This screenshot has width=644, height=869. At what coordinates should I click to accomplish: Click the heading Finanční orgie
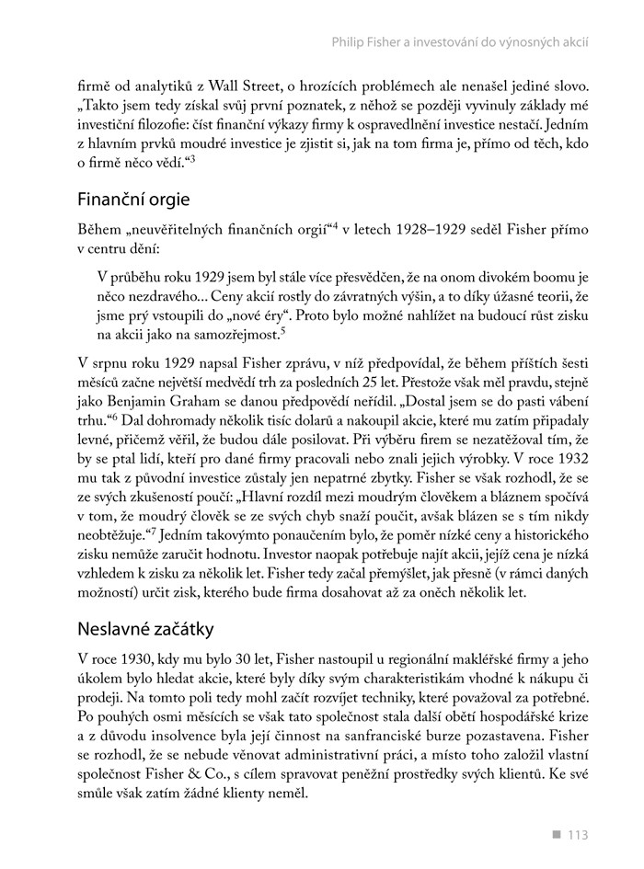(x=133, y=200)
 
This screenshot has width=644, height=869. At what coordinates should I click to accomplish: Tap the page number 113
(x=577, y=835)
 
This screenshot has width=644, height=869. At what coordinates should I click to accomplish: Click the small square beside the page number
(x=556, y=835)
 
